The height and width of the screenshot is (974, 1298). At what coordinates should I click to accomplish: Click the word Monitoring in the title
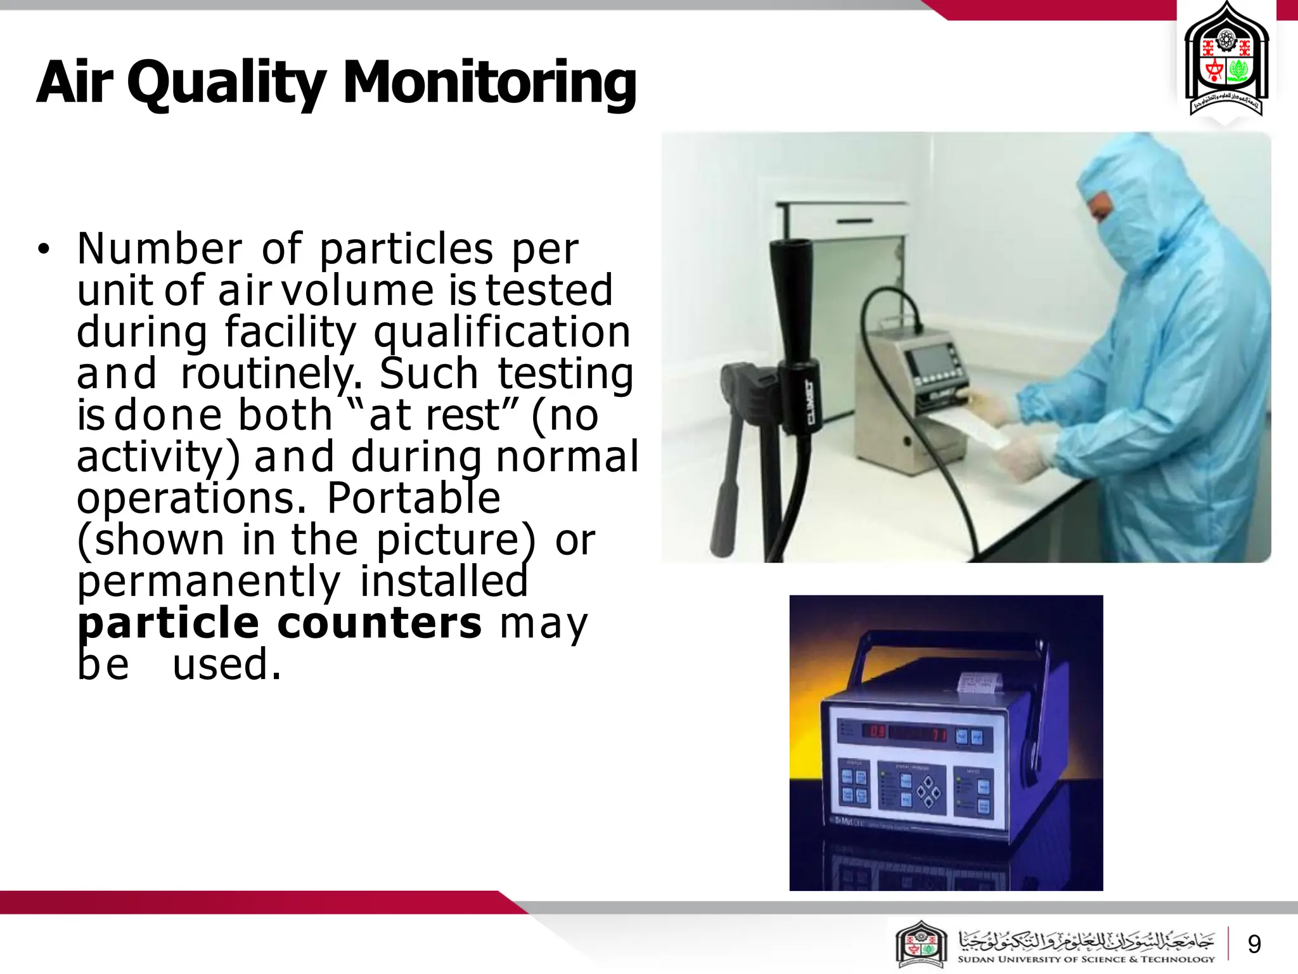(x=489, y=82)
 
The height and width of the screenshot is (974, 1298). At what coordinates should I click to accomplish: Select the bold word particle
(x=169, y=624)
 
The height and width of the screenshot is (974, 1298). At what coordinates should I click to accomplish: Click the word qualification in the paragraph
(x=502, y=332)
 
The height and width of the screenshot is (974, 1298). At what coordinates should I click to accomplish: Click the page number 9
(x=1254, y=944)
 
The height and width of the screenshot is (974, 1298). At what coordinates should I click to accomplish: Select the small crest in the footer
(x=921, y=944)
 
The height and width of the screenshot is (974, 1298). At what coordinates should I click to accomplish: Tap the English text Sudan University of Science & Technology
(x=1086, y=959)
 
